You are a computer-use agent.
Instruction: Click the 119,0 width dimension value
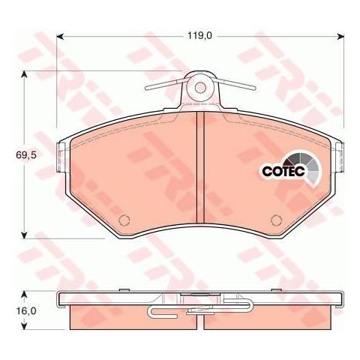[x=199, y=36]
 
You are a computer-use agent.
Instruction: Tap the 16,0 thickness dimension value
[x=26, y=311]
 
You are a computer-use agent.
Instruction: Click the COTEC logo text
[x=283, y=171]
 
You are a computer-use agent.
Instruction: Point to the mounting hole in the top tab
[x=200, y=88]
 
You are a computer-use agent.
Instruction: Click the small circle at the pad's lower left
[x=124, y=220]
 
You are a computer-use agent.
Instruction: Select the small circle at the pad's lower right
[x=277, y=220]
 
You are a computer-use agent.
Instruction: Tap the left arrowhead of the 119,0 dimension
[x=60, y=37]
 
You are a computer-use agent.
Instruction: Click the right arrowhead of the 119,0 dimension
[x=340, y=37]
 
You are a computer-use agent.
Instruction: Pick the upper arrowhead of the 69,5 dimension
[x=24, y=74]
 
